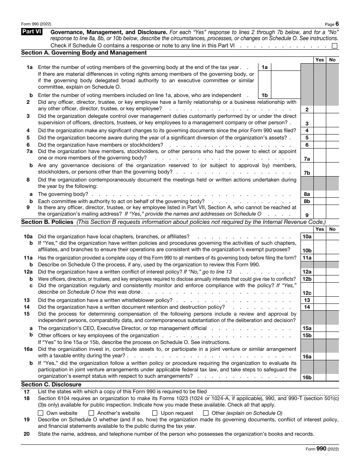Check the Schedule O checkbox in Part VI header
click(334, 46)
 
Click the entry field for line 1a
click(286, 67)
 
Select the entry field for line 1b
click(286, 95)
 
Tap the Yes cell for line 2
click(319, 109)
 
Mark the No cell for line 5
click(332, 138)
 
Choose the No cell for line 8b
click(332, 201)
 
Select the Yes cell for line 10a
click(319, 236)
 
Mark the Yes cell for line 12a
click(319, 272)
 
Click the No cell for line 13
click(332, 300)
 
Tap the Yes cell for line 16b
click(319, 377)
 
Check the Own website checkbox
click(41, 413)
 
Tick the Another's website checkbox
click(91, 413)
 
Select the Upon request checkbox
click(155, 413)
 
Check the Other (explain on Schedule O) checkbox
click(206, 413)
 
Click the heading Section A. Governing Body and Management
click(84, 53)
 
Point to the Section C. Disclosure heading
click(51, 385)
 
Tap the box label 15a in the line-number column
click(307, 328)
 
